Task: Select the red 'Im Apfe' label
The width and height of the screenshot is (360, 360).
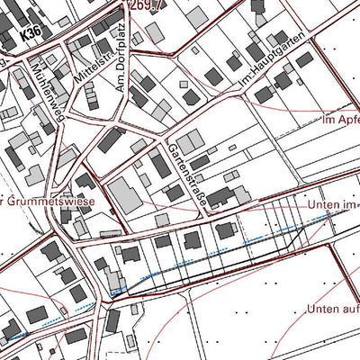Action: [340, 118]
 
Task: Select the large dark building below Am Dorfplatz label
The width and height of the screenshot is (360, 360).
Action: [112, 139]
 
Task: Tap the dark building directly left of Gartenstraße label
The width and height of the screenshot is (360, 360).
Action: [160, 165]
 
